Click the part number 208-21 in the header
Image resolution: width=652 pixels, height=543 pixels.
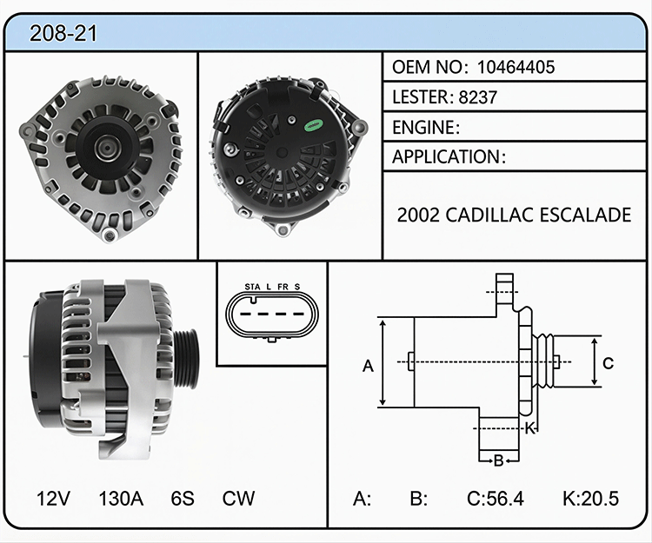tap(63, 33)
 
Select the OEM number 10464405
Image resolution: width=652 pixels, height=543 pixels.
tap(516, 67)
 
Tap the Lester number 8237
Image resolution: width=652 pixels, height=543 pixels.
tap(478, 97)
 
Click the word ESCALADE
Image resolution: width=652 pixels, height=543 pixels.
tap(585, 215)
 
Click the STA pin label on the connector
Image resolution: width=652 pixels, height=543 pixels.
tap(252, 287)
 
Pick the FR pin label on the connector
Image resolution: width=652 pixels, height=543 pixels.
tap(283, 287)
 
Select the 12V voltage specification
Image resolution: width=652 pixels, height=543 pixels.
tap(53, 498)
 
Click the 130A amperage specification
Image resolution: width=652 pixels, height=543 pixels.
tap(121, 498)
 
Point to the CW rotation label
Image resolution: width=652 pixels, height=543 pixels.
tap(238, 498)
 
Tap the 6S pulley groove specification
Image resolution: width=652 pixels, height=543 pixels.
tap(183, 498)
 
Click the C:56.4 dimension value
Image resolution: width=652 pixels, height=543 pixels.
tap(496, 498)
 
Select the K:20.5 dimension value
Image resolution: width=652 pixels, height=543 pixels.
tap(591, 498)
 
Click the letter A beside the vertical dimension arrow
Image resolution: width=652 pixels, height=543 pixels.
tap(368, 366)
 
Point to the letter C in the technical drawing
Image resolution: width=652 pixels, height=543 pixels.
tap(608, 363)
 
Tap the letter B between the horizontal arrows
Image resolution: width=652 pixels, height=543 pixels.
tap(499, 460)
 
